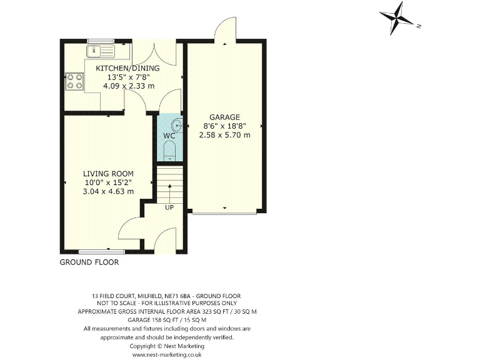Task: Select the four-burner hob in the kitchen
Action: [74, 81]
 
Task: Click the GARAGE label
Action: [224, 117]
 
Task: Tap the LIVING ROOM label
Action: [109, 174]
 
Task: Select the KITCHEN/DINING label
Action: [127, 68]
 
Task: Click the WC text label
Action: [169, 136]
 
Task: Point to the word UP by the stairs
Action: [169, 207]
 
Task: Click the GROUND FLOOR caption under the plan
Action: [89, 262]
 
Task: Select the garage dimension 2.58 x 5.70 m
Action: [224, 134]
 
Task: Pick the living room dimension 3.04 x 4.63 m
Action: [109, 191]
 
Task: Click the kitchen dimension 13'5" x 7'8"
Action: [127, 77]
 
